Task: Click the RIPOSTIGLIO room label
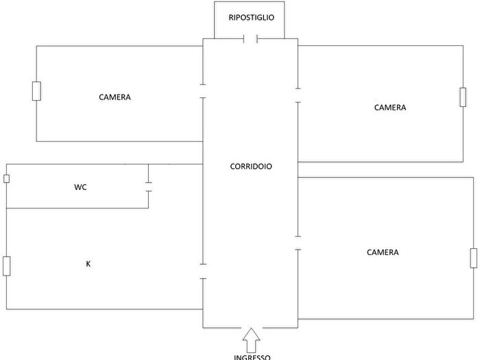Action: pos(252,17)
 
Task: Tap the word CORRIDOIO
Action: pos(251,166)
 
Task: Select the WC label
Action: pos(80,187)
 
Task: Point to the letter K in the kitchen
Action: pos(88,263)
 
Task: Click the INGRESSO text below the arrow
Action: pos(252,357)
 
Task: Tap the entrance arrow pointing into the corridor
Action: pos(252,340)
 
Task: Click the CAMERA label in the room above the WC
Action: pos(115,97)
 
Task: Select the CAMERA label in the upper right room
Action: pos(390,108)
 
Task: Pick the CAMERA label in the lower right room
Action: pos(383,252)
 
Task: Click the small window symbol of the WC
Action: pos(6,179)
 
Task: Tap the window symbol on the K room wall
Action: pos(6,266)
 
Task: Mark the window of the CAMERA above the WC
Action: pos(36,91)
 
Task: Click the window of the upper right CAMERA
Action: pos(463,97)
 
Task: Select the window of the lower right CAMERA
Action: pos(474,259)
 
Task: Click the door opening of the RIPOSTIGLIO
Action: pos(250,39)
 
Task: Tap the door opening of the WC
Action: pos(149,187)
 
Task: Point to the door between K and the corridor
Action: pos(203,272)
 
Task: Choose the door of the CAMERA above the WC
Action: pos(203,91)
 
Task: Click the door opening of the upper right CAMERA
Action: pos(298,95)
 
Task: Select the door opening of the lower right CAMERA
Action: pos(298,243)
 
